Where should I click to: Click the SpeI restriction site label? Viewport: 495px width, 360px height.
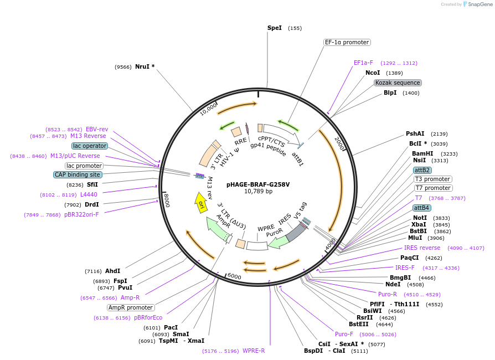click(x=275, y=28)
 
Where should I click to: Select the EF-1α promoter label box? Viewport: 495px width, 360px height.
click(x=347, y=42)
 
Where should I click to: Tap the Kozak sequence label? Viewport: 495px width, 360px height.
click(x=398, y=83)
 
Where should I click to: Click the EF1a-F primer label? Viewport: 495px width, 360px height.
click(x=363, y=63)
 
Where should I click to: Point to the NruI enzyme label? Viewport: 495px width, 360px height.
click(x=145, y=67)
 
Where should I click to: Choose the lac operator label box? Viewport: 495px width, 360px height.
click(x=89, y=146)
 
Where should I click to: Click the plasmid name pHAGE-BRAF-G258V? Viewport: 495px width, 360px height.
click(x=258, y=184)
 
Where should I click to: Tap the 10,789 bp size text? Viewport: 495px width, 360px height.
click(x=258, y=192)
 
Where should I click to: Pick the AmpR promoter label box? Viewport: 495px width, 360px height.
click(x=131, y=307)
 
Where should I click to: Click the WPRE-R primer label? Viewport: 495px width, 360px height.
click(x=254, y=351)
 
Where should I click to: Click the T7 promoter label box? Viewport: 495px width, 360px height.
click(x=433, y=188)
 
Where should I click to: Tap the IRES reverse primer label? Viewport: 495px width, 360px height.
click(x=422, y=248)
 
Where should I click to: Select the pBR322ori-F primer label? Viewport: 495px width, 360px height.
click(x=81, y=214)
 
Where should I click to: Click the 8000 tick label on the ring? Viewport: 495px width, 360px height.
click(x=166, y=200)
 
